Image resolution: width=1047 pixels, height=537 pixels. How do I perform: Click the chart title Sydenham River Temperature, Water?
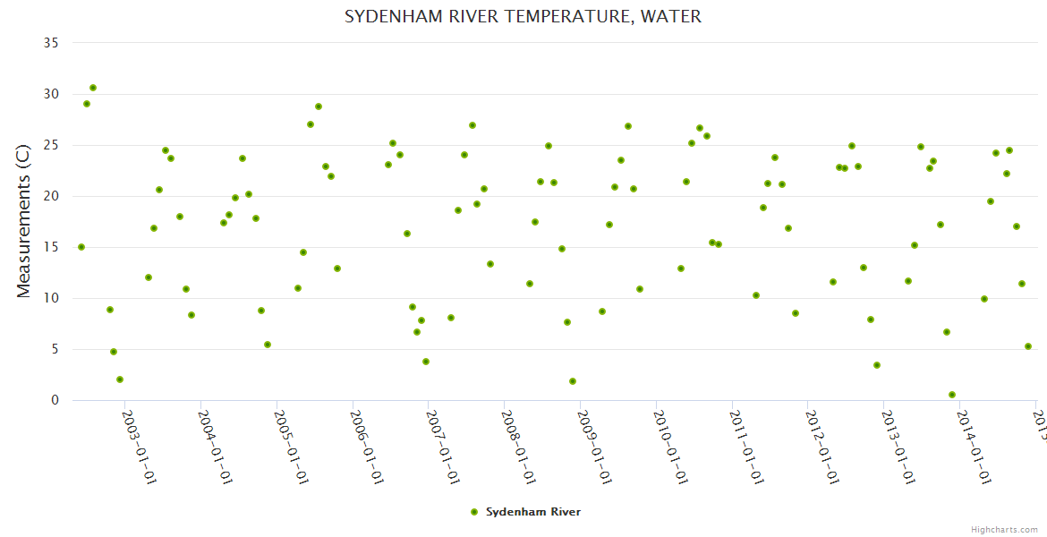point(523,17)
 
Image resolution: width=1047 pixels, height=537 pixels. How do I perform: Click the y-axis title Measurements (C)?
point(24,222)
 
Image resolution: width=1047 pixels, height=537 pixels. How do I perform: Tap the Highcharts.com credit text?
point(1005,529)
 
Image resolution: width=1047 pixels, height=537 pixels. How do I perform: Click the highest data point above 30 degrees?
point(93,88)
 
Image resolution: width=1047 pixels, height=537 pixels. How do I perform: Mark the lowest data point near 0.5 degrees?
point(952,395)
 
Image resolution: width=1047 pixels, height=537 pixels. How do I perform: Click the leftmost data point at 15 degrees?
point(81,247)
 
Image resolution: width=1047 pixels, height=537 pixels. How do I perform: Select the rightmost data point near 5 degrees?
point(1028,346)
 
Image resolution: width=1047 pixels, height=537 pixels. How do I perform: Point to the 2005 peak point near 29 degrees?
point(319,107)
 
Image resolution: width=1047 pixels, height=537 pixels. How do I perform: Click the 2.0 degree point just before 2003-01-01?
point(120,379)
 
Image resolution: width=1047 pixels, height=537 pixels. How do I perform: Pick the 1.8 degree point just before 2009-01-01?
point(573,381)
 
